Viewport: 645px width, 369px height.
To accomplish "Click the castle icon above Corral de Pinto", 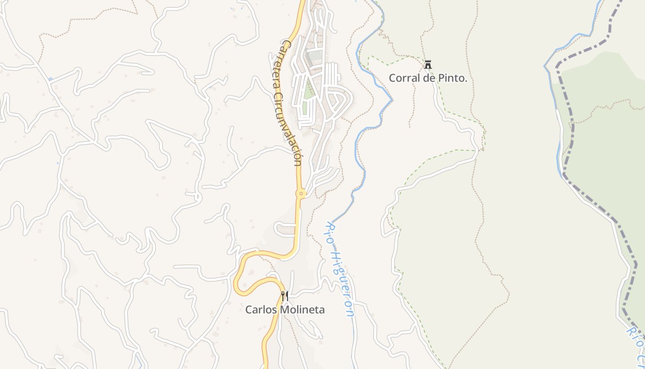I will coord(428,65).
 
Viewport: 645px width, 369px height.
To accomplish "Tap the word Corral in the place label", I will coord(402,78).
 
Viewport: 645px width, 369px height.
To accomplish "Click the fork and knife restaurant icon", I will coord(285,295).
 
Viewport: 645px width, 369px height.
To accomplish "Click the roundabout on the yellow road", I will coord(301,194).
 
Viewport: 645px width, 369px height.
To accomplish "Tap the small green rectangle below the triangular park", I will coord(304,109).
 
